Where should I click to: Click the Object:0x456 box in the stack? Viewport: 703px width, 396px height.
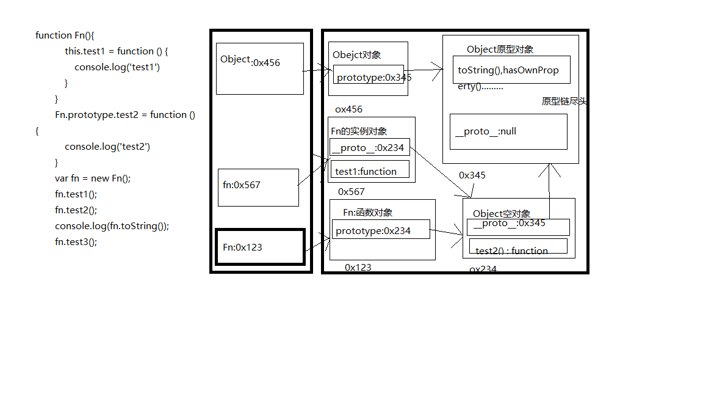(x=259, y=68)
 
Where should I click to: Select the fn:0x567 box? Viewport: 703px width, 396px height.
(x=258, y=188)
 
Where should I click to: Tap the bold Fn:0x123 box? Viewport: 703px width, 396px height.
(x=261, y=248)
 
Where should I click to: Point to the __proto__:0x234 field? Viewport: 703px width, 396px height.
(x=370, y=147)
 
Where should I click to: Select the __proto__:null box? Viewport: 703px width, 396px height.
(x=508, y=131)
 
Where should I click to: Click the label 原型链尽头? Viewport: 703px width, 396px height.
(x=564, y=101)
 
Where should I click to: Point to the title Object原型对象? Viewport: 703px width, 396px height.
(x=500, y=50)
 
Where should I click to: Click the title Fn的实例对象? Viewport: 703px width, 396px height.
(x=359, y=131)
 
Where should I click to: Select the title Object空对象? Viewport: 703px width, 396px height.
(x=502, y=214)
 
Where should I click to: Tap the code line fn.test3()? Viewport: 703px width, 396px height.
(x=76, y=241)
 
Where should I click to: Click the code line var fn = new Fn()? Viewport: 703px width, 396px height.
(x=93, y=178)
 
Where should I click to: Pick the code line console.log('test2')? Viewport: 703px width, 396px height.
(x=107, y=146)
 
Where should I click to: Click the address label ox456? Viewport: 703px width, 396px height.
(x=348, y=109)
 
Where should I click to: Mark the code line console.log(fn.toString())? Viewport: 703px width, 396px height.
(x=112, y=226)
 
